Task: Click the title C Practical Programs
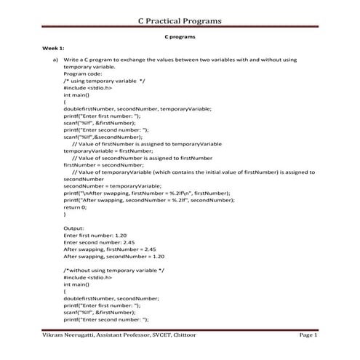(180, 20)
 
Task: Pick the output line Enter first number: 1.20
(100, 236)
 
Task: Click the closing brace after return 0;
(65, 215)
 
